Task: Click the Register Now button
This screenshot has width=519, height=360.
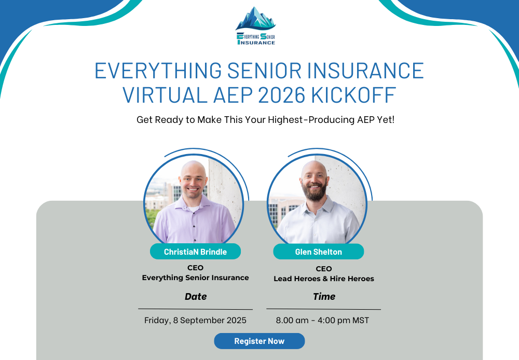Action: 259,341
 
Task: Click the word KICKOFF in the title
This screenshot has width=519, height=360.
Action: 353,95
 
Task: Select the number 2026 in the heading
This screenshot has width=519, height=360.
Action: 281,95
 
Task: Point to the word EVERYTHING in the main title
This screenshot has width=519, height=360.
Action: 158,71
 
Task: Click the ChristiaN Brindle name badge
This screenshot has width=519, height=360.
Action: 195,252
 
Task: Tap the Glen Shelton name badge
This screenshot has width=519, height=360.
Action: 319,252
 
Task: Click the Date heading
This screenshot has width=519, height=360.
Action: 196,297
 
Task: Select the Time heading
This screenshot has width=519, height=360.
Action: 324,297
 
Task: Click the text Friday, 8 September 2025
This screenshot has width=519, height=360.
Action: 195,320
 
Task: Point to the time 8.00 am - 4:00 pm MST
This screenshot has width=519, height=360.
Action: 322,320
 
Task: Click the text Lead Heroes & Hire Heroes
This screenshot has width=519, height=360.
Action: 324,279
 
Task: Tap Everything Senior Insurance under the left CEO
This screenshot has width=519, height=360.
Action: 195,278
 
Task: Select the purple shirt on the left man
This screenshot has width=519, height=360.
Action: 194,221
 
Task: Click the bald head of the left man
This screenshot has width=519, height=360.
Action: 193,169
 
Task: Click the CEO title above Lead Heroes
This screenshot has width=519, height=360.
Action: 324,269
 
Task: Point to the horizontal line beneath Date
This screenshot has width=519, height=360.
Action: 195,309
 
